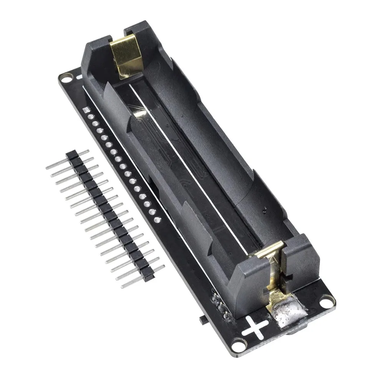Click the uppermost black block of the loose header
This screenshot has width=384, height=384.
[x=70, y=155]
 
